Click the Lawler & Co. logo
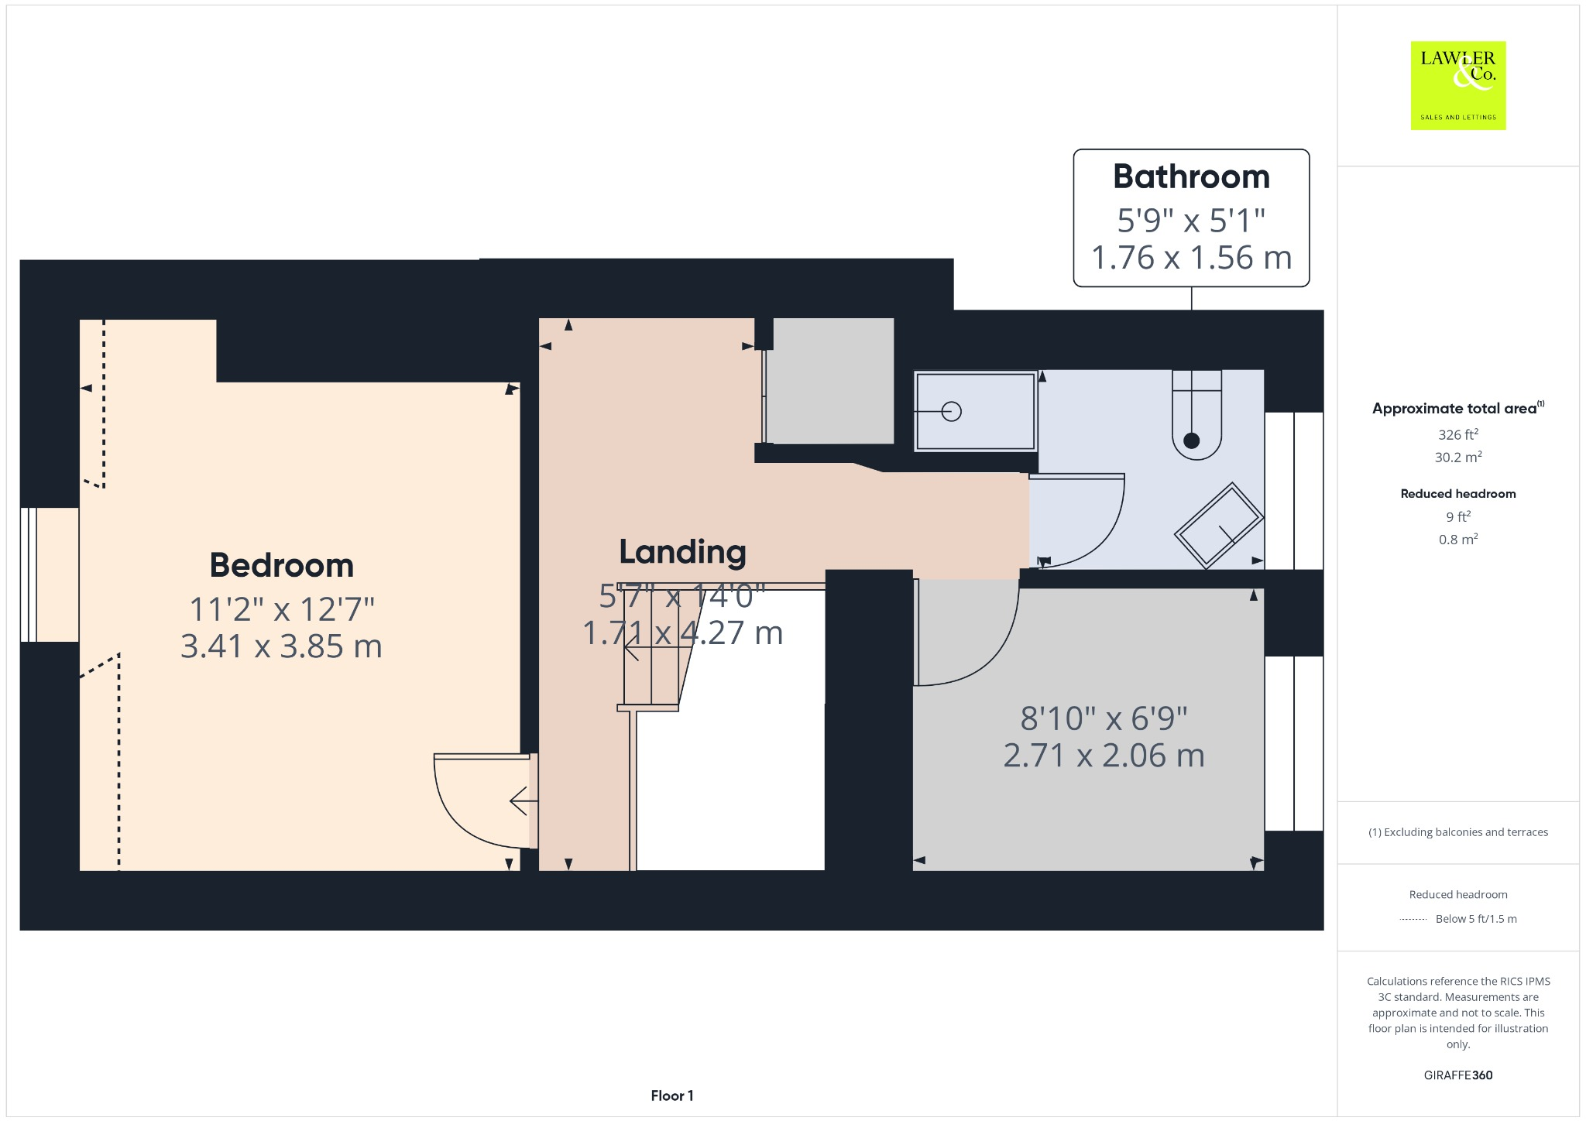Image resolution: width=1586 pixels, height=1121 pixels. (x=1457, y=85)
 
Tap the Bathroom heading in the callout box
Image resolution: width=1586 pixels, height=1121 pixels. (x=1191, y=177)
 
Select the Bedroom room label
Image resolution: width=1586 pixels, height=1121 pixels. (x=282, y=566)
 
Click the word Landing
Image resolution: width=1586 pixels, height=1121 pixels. (x=682, y=553)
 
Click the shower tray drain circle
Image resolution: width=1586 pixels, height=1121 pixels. (x=952, y=412)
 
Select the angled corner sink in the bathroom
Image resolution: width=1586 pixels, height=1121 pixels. (x=1218, y=526)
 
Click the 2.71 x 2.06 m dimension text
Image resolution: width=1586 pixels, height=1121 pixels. (x=1104, y=756)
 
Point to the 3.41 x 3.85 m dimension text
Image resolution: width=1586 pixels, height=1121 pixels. (x=282, y=646)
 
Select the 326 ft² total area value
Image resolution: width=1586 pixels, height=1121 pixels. (x=1457, y=434)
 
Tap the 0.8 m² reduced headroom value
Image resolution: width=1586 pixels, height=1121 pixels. (x=1457, y=540)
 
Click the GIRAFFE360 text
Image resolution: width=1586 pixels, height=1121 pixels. (x=1457, y=1075)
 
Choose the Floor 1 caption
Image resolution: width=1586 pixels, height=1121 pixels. (x=671, y=1095)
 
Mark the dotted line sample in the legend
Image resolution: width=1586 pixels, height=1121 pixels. (x=1413, y=920)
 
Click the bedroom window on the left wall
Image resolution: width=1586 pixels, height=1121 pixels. (x=29, y=574)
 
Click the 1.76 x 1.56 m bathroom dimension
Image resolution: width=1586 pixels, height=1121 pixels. (x=1191, y=258)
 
